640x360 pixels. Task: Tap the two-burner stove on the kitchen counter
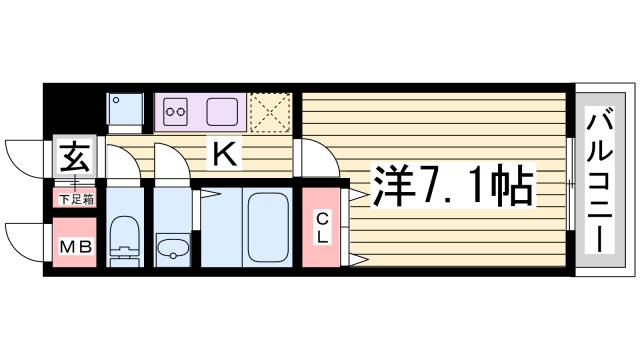point(177,110)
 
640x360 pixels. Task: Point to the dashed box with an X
point(268,110)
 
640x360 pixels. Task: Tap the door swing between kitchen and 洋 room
point(311,157)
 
